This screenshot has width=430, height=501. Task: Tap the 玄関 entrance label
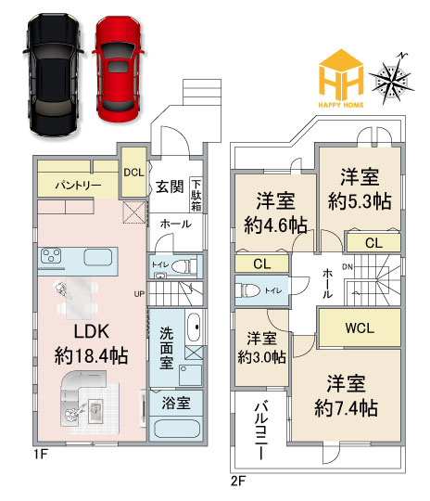click(x=169, y=186)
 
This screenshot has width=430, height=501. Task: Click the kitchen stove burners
click(x=51, y=256)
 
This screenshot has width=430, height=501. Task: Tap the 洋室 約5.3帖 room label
click(x=356, y=186)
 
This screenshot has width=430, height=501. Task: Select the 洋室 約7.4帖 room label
click(x=345, y=395)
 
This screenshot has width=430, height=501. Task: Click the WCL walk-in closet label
click(x=359, y=328)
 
